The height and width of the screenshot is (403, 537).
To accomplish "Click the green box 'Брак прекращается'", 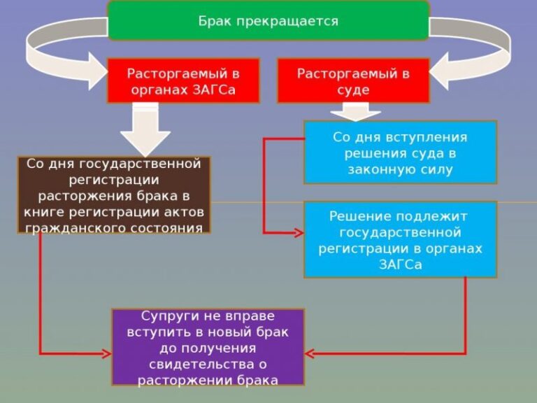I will pos(268,20).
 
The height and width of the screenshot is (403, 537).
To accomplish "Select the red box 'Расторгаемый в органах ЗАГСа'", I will pos(182,80).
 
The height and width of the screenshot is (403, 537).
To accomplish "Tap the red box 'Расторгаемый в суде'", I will pos(352,80).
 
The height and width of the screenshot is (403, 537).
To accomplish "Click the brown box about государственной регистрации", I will pos(114,195).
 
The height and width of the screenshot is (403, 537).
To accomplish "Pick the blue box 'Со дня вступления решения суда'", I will pos(400,153).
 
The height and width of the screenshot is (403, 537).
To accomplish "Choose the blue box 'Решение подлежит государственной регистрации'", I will pos(400,239).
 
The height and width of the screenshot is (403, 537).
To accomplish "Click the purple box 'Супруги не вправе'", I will pos(208,346).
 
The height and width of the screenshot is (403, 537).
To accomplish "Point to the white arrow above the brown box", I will pos(145,129).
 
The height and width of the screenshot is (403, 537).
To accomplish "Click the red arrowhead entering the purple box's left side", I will pos(107,353).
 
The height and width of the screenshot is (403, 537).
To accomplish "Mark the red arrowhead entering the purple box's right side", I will pos(310,353).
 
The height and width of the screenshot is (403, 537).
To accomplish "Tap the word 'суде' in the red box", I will pos(353,90).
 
